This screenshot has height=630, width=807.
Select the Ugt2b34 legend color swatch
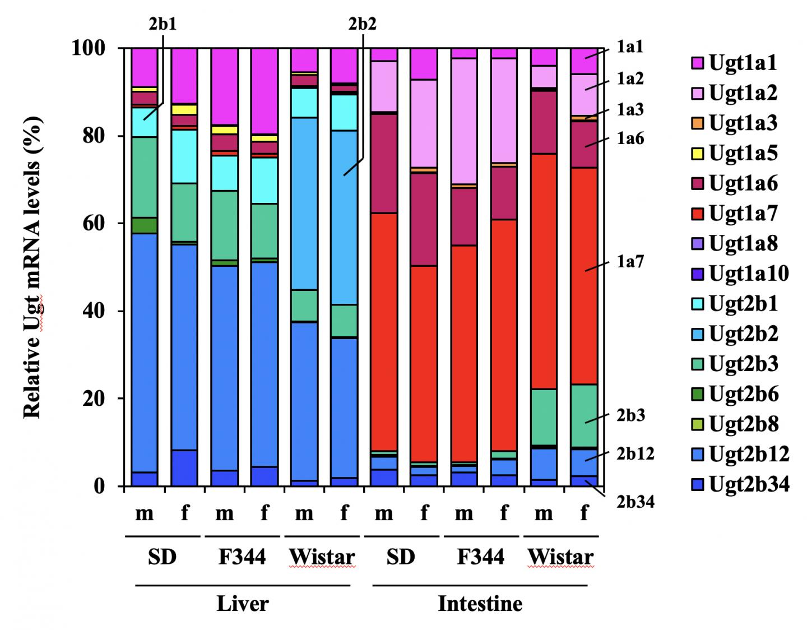pyautogui.click(x=699, y=484)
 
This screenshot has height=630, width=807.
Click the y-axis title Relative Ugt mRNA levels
pyautogui.click(x=33, y=267)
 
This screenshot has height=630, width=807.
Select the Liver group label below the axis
pyautogui.click(x=243, y=604)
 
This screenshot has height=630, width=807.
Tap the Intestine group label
pyautogui.click(x=480, y=604)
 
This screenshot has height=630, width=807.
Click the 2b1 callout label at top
pyautogui.click(x=163, y=24)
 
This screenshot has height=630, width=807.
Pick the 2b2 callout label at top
pyautogui.click(x=362, y=24)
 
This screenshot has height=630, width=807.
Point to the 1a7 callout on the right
pyautogui.click(x=630, y=262)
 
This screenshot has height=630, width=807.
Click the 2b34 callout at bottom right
pyautogui.click(x=636, y=502)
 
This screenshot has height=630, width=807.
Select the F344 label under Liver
pyautogui.click(x=242, y=557)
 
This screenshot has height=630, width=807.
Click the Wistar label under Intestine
pyautogui.click(x=560, y=557)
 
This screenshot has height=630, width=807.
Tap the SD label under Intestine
pyautogui.click(x=400, y=557)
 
